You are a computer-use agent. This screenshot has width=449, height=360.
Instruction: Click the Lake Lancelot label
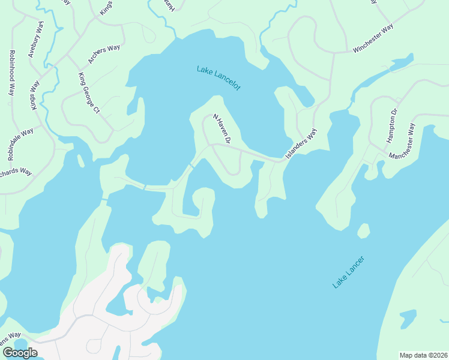[x=218, y=78]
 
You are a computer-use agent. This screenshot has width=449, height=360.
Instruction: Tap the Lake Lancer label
[x=349, y=273]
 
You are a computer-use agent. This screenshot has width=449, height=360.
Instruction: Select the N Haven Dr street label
[x=221, y=129]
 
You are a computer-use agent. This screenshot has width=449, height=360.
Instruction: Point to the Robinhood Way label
[x=11, y=73]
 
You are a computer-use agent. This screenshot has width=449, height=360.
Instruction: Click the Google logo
[x=20, y=353]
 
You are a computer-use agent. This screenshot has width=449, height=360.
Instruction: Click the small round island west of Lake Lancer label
[x=363, y=231]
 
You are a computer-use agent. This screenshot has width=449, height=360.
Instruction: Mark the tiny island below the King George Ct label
[x=80, y=161]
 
